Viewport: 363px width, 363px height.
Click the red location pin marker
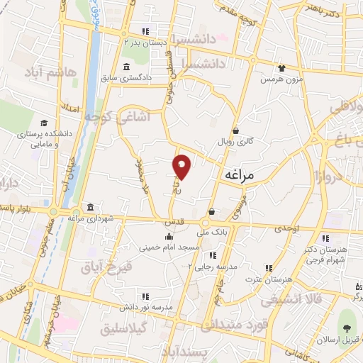pyautogui.click(x=182, y=166)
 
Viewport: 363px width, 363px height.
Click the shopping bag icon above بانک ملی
pyautogui.click(x=212, y=211)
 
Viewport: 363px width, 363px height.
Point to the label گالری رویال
pyautogui.click(x=236, y=140)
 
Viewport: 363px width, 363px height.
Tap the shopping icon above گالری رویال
pyautogui.click(x=235, y=129)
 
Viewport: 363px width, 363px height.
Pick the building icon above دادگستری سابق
pyautogui.click(x=126, y=67)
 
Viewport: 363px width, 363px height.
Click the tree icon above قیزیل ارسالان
pyautogui.click(x=347, y=328)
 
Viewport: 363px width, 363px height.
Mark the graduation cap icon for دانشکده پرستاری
pyautogui.click(x=45, y=123)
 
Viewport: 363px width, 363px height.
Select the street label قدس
pyautogui.click(x=174, y=221)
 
